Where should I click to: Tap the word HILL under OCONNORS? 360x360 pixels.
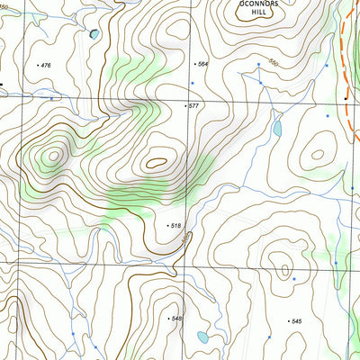(259, 13)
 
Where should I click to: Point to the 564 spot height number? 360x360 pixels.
(202, 64)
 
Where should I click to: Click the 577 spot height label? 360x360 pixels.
(193, 106)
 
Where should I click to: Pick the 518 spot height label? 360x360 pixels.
(176, 225)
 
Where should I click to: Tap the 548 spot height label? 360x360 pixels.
(176, 319)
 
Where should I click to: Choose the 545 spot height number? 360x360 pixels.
(295, 321)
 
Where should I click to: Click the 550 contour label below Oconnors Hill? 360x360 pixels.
(273, 65)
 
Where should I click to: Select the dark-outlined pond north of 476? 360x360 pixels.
(93, 35)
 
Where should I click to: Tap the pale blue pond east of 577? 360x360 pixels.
(277, 129)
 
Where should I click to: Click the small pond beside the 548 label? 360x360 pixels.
(203, 337)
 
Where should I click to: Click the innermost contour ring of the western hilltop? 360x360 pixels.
(54, 155)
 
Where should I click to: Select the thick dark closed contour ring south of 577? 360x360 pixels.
(157, 163)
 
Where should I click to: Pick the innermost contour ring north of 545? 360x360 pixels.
(284, 269)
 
